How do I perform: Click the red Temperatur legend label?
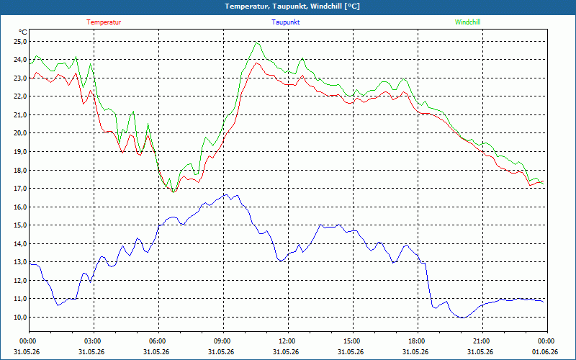tap(104, 22)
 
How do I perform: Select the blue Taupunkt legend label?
tap(285, 22)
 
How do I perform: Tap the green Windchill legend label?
tap(467, 22)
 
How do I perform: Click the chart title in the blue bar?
tap(292, 6)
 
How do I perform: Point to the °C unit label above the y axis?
tap(23, 32)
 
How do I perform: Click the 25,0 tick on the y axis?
tap(20, 42)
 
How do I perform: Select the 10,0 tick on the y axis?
tap(20, 317)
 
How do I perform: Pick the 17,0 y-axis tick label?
tap(20, 189)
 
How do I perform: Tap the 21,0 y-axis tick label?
tap(20, 115)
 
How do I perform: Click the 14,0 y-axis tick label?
tap(20, 243)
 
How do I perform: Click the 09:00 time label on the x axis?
tap(223, 341)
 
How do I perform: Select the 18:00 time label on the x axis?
tap(418, 341)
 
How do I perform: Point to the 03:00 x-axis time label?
tap(94, 341)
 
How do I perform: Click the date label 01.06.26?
tap(545, 352)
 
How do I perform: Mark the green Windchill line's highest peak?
tap(257, 42)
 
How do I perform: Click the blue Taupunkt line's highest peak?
tap(226, 194)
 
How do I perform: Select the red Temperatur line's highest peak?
tap(257, 63)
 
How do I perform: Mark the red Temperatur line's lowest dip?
tap(174, 192)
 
